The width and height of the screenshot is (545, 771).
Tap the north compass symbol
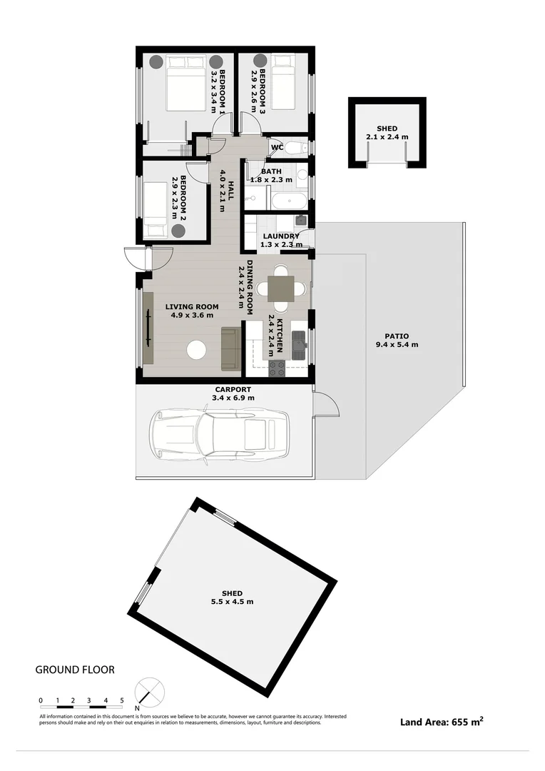click(150, 693)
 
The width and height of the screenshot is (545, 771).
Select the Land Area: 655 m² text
click(442, 722)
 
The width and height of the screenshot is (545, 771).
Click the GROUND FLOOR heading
click(75, 670)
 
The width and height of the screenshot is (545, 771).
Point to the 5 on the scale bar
click(122, 700)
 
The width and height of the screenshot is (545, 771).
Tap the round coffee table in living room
click(195, 350)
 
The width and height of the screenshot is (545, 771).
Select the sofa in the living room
click(230, 348)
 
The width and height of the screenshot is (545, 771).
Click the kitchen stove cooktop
click(277, 368)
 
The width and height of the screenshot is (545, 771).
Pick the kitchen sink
click(299, 343)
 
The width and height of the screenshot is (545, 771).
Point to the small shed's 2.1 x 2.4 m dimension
click(387, 136)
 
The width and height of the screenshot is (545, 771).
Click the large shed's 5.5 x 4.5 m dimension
click(232, 602)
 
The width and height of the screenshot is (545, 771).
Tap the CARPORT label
click(233, 389)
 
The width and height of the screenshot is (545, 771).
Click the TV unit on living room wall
click(148, 329)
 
